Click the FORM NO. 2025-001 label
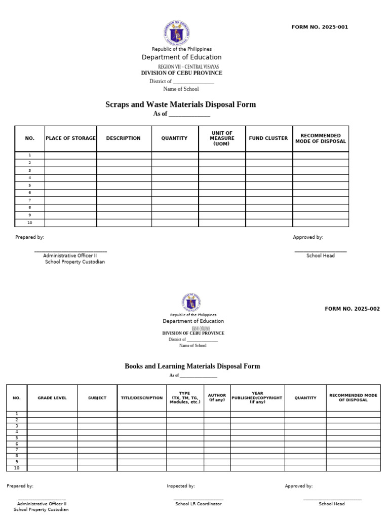pyautogui.click(x=320, y=27)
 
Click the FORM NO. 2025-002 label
pyautogui.click(x=352, y=309)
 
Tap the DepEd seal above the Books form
pyautogui.click(x=191, y=303)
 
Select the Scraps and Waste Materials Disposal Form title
pyautogui.click(x=180, y=104)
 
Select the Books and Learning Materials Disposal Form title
pyautogui.click(x=192, y=366)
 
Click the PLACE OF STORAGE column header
pyautogui.click(x=70, y=138)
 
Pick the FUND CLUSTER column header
pyautogui.click(x=268, y=138)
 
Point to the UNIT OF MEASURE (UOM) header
pyautogui.click(x=222, y=138)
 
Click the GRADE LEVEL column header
pyautogui.click(x=52, y=398)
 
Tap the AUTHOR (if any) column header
pyautogui.click(x=217, y=398)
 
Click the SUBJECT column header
pyautogui.click(x=97, y=398)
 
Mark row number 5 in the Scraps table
pyautogui.click(x=30, y=186)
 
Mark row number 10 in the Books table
pyautogui.click(x=17, y=468)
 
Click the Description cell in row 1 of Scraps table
pyautogui.click(x=124, y=155)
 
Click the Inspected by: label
pyautogui.click(x=181, y=486)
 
